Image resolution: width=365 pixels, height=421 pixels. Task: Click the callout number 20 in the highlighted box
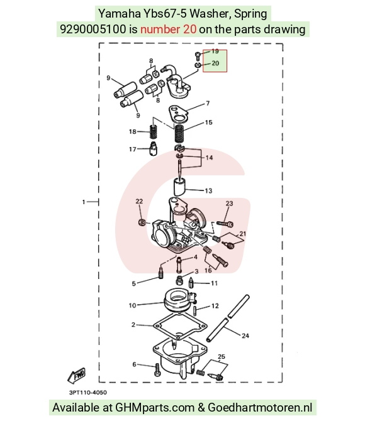(215, 63)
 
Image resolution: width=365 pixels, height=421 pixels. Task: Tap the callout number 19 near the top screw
(215, 51)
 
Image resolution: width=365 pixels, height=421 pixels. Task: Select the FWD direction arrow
(77, 375)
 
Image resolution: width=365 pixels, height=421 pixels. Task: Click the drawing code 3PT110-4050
(88, 392)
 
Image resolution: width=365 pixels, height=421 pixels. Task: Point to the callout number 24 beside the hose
(245, 336)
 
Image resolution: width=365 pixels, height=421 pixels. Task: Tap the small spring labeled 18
(153, 132)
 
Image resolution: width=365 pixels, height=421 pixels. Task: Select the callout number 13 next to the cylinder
(208, 190)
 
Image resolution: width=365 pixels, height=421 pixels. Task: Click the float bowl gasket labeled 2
(180, 325)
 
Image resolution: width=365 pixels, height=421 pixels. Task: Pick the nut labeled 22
(142, 222)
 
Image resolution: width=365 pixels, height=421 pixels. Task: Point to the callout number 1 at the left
(84, 202)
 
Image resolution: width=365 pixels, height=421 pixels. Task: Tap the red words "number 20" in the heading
(169, 29)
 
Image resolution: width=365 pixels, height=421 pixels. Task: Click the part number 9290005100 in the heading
(93, 29)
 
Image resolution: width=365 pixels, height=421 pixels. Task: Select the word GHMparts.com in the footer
(155, 407)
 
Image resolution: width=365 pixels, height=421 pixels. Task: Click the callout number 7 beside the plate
(208, 103)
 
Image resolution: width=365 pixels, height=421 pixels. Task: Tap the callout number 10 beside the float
(132, 305)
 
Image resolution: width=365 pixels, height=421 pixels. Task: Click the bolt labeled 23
(225, 224)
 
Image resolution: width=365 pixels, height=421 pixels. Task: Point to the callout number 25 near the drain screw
(221, 356)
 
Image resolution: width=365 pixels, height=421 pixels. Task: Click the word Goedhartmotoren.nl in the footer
(260, 407)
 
